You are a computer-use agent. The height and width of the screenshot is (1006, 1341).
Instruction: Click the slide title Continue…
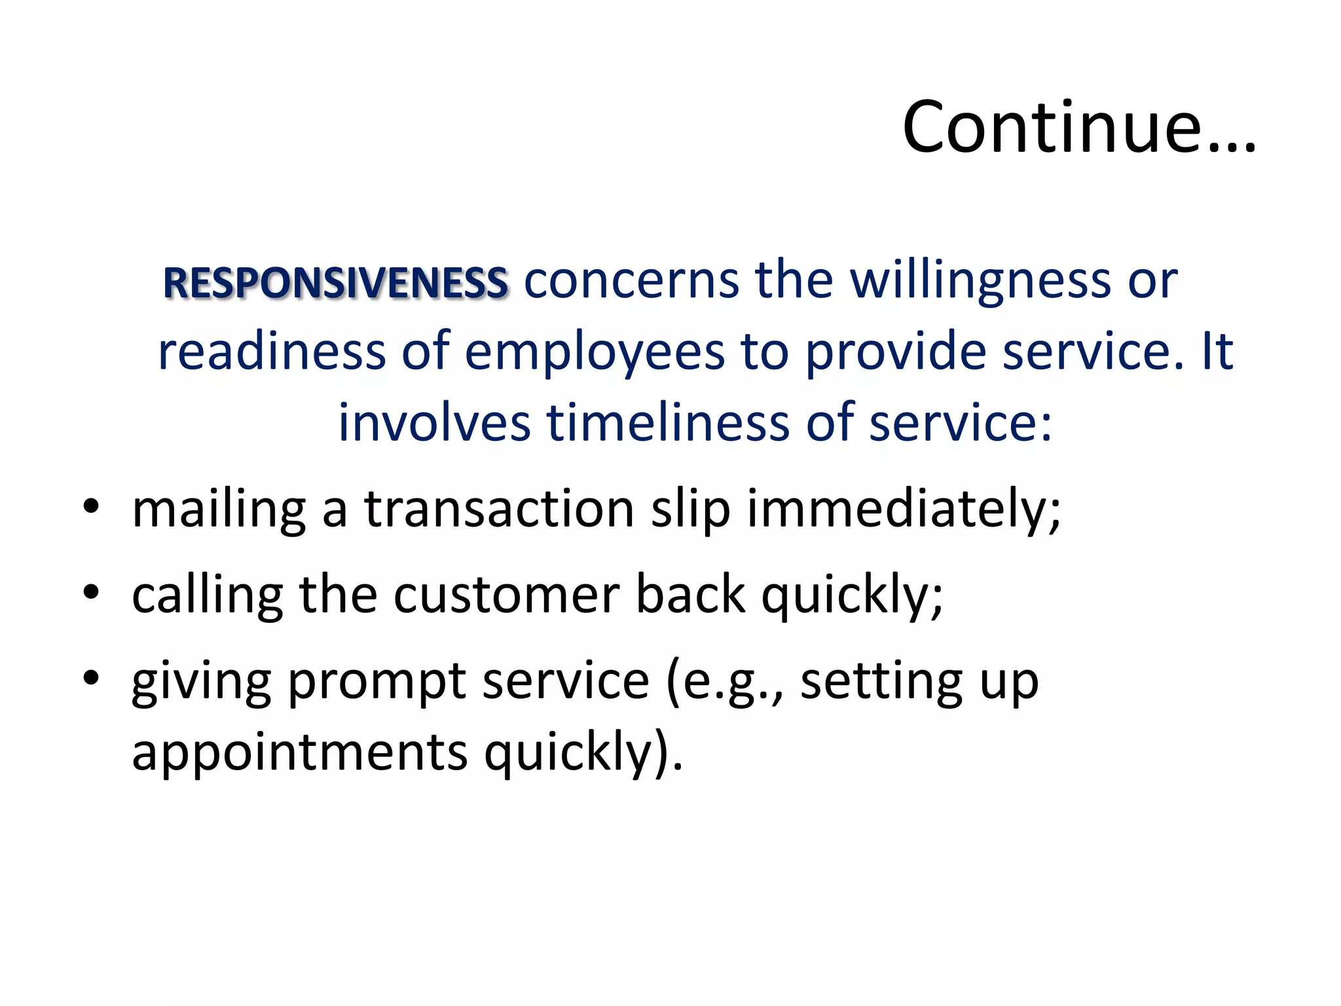pos(1078,127)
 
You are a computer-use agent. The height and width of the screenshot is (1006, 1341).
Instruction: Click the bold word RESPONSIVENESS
pos(335,284)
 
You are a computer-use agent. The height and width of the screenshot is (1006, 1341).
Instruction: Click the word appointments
pos(300,753)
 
